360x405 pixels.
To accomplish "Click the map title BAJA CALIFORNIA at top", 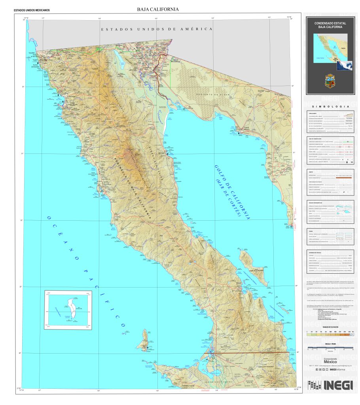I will (157, 9).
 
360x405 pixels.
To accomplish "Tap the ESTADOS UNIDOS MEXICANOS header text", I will (32, 10).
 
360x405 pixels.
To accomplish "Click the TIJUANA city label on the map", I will (32, 52).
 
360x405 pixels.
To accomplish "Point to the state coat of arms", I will (330, 81).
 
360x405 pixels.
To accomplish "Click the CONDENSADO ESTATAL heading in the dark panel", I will (330, 23).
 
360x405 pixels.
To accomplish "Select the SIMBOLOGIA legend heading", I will (330, 107).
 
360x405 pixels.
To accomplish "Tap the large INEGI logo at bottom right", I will (338, 385).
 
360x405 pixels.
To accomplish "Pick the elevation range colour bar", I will (330, 334).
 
